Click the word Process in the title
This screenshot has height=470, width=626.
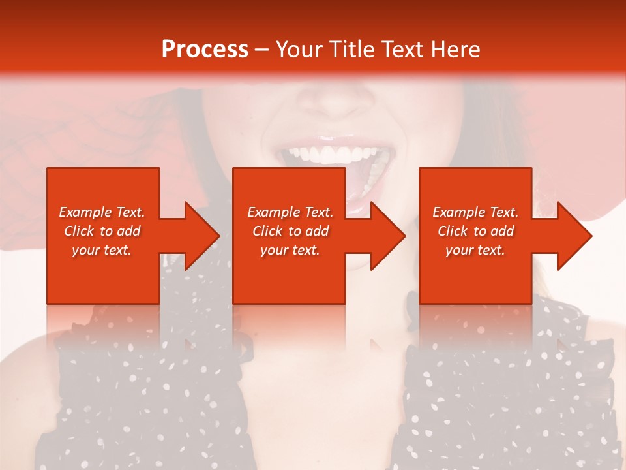(205, 50)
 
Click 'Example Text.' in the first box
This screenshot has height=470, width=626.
(102, 212)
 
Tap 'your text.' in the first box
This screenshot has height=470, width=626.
(102, 250)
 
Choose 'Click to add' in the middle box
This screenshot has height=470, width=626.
(290, 231)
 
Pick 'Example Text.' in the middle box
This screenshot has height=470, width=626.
(290, 212)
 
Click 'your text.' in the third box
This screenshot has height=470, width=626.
(475, 250)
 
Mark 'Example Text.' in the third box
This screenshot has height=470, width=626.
(475, 212)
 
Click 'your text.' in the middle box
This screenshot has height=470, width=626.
(290, 250)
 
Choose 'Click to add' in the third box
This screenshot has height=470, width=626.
(475, 231)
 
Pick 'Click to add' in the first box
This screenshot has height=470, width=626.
(102, 231)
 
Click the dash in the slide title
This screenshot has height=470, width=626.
(261, 50)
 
